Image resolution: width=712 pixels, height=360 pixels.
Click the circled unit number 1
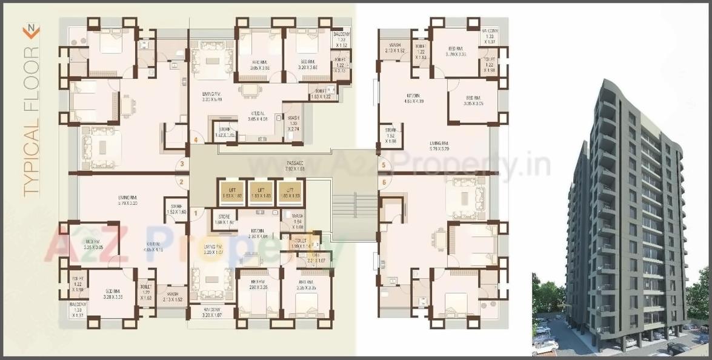[195, 213]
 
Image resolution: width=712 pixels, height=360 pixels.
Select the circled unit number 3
[180, 164]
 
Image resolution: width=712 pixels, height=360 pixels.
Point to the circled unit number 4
[195, 141]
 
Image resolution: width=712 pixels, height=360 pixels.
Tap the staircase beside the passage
[354, 209]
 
